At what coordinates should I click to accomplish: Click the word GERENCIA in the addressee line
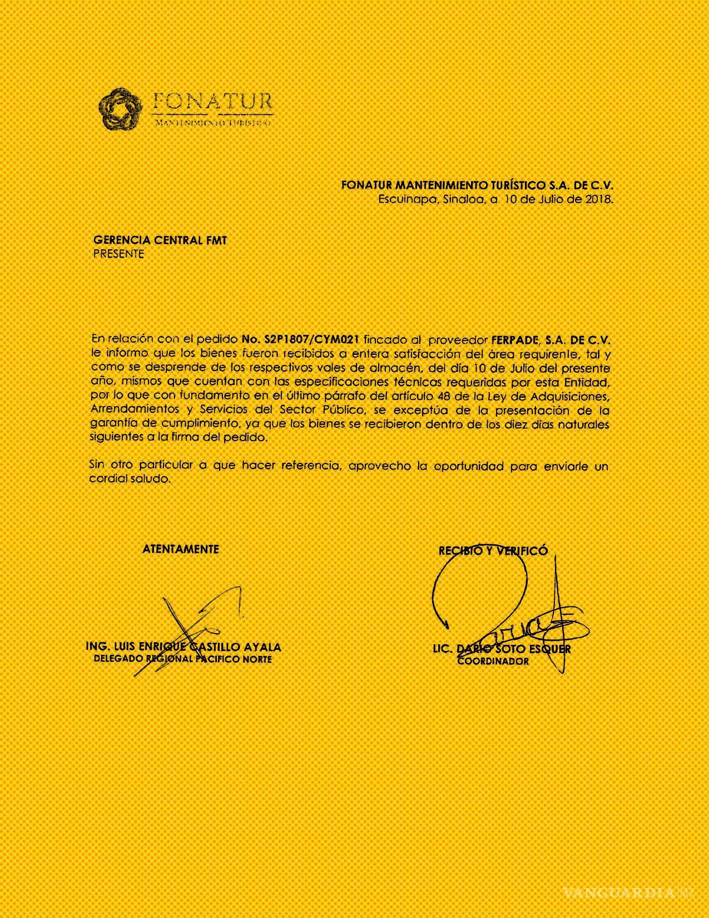(117, 240)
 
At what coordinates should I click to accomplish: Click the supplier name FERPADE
(513, 339)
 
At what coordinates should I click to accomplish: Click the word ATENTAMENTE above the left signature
(181, 549)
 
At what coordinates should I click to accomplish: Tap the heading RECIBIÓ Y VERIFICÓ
(493, 551)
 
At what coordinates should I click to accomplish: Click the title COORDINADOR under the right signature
(493, 661)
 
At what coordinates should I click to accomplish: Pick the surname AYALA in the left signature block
(262, 647)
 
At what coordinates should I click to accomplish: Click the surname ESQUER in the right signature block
(550, 649)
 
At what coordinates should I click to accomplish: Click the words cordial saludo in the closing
(130, 478)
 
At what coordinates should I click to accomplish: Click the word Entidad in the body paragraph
(587, 382)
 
